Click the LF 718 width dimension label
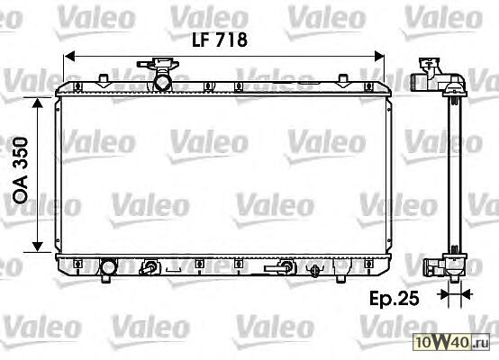coord(220,40)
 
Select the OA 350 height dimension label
coord(21,170)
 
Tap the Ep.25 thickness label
coord(394,299)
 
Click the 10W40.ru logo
coord(451,342)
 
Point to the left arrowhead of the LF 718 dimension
coord(69,57)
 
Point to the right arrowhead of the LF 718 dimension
coord(379,57)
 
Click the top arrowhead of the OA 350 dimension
coord(38,103)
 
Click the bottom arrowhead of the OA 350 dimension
coord(38,247)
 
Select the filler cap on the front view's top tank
coord(159,63)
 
